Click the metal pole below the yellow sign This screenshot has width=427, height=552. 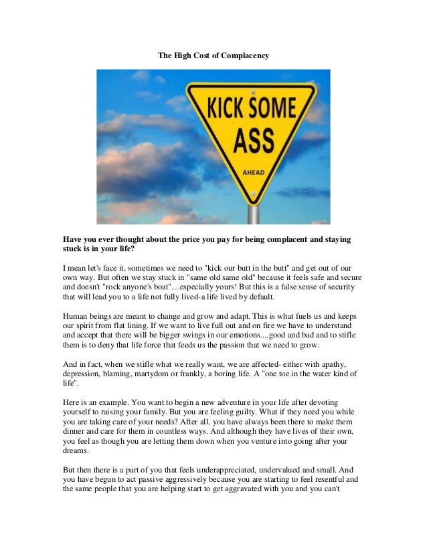(254, 213)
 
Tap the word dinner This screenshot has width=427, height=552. (76, 435)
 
